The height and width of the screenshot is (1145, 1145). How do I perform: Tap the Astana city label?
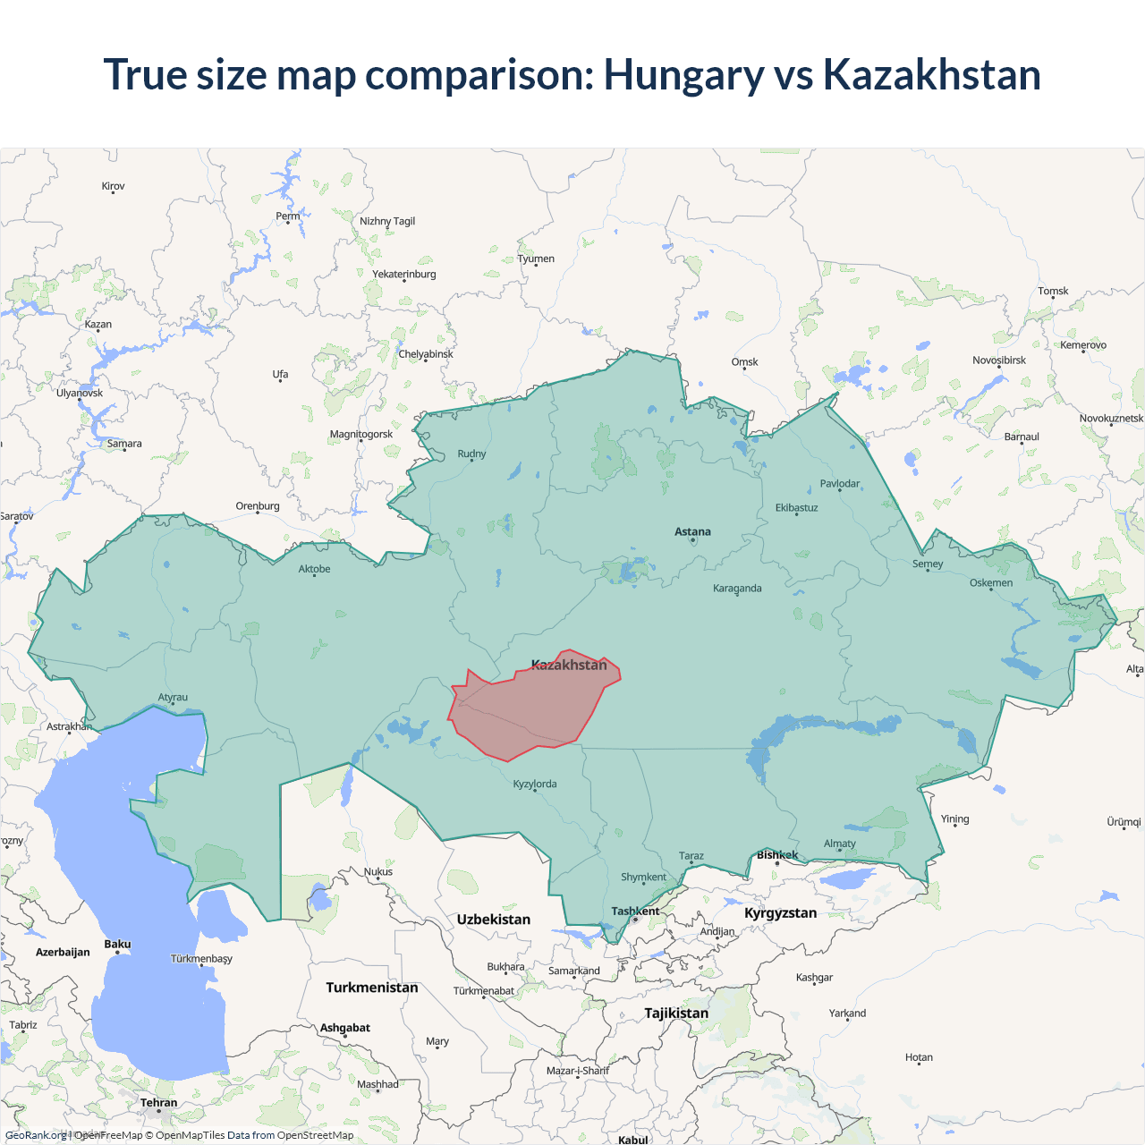point(692,532)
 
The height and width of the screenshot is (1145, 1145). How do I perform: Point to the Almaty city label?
point(839,844)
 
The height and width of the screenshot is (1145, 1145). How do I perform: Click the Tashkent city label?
point(635,912)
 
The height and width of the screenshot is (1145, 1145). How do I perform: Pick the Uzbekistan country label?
point(493,920)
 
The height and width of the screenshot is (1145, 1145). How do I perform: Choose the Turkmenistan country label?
point(371,988)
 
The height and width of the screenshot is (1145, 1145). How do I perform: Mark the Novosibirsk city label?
point(998,360)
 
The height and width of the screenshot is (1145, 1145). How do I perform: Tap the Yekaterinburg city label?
point(403,275)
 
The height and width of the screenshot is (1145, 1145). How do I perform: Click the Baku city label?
point(117,945)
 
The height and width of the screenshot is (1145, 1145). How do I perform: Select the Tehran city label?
point(158,1103)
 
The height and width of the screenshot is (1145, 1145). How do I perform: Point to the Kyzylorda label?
point(534,785)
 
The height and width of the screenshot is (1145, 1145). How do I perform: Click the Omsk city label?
point(744,362)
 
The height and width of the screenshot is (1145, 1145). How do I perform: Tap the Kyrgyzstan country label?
point(780,913)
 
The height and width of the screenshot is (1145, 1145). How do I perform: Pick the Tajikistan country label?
point(676,1014)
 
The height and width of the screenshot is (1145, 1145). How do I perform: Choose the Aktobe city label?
point(314,569)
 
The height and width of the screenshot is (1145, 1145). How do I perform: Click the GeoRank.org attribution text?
point(36,1135)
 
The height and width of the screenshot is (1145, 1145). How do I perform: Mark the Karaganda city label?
point(737,589)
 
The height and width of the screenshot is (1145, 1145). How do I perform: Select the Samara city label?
point(124,444)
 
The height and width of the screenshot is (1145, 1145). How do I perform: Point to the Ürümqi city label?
point(1124,822)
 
